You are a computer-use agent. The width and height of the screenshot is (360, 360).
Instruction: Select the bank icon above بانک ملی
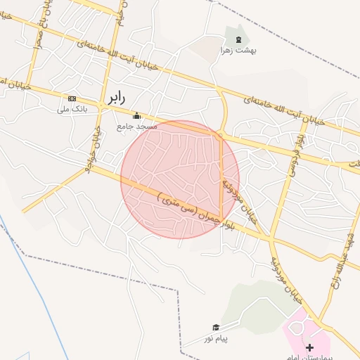click(x=72, y=98)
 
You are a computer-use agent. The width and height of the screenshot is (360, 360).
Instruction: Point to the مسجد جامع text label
click(x=136, y=127)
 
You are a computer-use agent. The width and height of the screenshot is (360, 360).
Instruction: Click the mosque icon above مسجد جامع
click(x=136, y=115)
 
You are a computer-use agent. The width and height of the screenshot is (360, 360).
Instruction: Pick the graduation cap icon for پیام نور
click(x=216, y=327)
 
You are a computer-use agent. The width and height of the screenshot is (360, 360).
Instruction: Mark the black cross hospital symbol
click(x=310, y=347)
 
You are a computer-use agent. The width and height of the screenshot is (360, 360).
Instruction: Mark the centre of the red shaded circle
click(x=180, y=180)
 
